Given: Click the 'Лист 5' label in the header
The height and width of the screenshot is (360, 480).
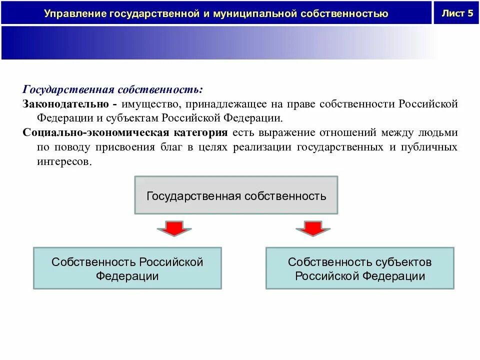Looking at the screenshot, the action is [457, 13].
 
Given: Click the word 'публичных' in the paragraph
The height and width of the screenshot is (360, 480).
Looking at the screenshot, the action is [433, 147].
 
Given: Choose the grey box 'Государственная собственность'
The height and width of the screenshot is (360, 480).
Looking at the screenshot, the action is [236, 195].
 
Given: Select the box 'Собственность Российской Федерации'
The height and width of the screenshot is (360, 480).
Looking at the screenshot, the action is [127, 268].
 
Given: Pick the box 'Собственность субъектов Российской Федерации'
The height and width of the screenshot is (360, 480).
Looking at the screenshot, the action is [359, 268].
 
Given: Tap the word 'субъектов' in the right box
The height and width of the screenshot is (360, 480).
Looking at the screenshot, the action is [402, 262].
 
